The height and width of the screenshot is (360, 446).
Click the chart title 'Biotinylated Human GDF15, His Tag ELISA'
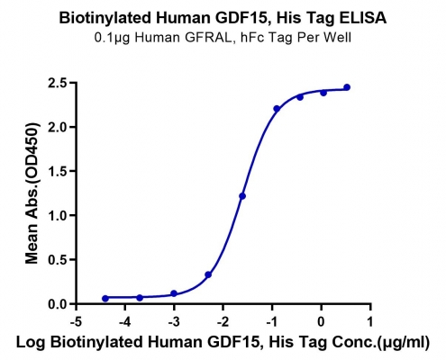click(223, 18)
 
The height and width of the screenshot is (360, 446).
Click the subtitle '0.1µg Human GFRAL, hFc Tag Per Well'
click(223, 38)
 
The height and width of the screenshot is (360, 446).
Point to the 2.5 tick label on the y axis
click(58, 83)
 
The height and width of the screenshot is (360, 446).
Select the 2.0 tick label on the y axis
click(58, 127)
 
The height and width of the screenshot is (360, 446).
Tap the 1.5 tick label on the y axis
click(58, 171)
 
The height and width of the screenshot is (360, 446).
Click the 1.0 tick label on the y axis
click(58, 215)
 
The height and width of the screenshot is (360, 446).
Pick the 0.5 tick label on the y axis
click(58, 260)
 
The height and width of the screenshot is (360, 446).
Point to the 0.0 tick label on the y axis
click(58, 304)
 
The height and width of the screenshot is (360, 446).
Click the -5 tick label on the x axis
click(76, 322)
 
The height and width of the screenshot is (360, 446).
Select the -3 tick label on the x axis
click(174, 322)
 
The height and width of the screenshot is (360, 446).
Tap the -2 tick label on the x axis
click(223, 322)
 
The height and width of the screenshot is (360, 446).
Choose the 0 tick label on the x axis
click(322, 322)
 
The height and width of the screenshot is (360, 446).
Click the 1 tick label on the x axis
click(370, 322)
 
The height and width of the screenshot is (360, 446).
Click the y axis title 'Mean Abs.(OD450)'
click(32, 193)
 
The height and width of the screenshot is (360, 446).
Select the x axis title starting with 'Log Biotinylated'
click(223, 342)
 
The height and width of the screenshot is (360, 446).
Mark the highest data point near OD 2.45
click(347, 87)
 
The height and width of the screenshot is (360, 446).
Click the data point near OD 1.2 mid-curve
click(242, 196)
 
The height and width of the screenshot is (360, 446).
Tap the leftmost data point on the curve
click(105, 299)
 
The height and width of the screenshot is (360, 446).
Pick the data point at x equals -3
click(174, 293)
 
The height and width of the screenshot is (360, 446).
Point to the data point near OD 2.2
click(277, 109)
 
